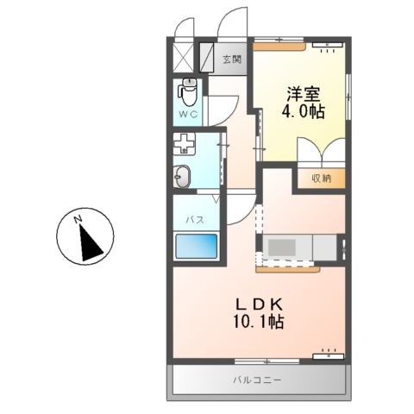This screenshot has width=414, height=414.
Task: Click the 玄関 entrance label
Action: point(231,60)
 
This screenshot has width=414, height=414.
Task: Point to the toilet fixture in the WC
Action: point(188,89)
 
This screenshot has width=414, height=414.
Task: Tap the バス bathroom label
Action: point(195,220)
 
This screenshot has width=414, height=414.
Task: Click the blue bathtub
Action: point(198,249)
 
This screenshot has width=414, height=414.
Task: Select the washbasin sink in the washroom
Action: point(183,176)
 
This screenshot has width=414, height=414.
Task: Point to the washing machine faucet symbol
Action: point(184,143)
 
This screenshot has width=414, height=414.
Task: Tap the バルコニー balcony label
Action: point(257,379)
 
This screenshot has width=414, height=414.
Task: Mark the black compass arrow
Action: point(90,244)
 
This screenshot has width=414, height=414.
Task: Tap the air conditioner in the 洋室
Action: point(326,43)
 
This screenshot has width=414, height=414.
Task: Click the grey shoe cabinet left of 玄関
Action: point(208,58)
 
